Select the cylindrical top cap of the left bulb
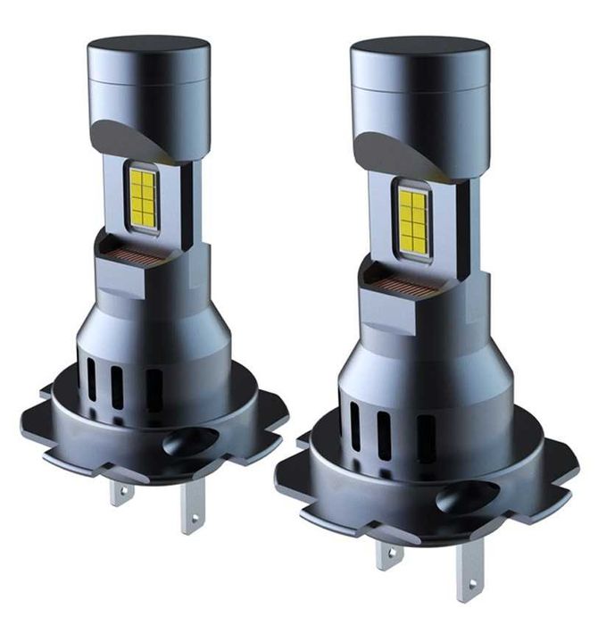click(x=148, y=76)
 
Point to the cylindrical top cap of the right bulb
click(x=419, y=85)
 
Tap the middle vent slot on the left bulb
click(x=117, y=387)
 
